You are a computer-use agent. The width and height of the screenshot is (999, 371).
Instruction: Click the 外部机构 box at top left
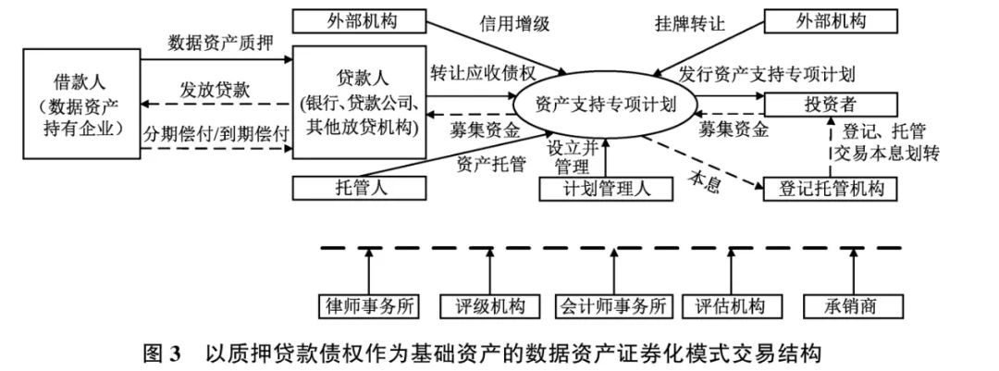361,20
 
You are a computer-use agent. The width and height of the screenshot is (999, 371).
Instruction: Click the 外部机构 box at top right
830,20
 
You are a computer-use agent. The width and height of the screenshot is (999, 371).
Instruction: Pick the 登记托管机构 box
830,189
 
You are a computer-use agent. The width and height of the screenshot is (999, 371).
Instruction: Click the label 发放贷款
215,91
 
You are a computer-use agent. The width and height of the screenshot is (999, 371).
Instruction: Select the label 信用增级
515,24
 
